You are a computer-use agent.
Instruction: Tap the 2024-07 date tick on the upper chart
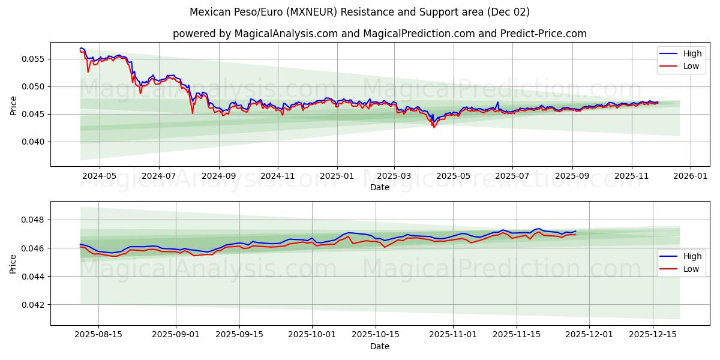159,176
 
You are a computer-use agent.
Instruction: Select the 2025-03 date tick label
394,176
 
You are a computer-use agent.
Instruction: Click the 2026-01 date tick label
691,176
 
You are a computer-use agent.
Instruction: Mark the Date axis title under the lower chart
379,346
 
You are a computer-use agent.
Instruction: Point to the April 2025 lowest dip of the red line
433,127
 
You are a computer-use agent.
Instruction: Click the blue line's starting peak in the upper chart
81,48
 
